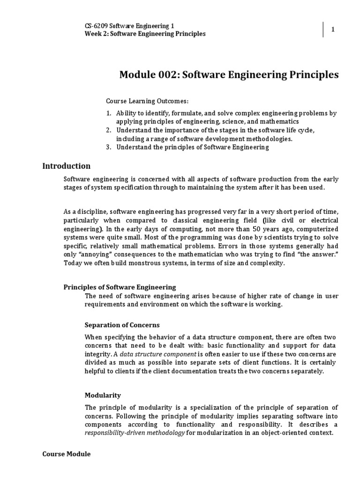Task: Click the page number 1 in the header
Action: point(333,30)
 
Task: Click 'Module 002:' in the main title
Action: point(150,75)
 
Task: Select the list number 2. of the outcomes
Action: point(108,130)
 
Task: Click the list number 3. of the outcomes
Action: point(108,147)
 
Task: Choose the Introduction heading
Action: point(66,166)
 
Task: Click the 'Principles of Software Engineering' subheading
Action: point(120,287)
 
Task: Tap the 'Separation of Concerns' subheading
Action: point(122,325)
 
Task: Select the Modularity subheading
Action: point(103,395)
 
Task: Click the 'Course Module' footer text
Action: point(66,454)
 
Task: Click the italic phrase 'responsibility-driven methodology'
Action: point(135,433)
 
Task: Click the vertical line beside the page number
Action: point(323,29)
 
